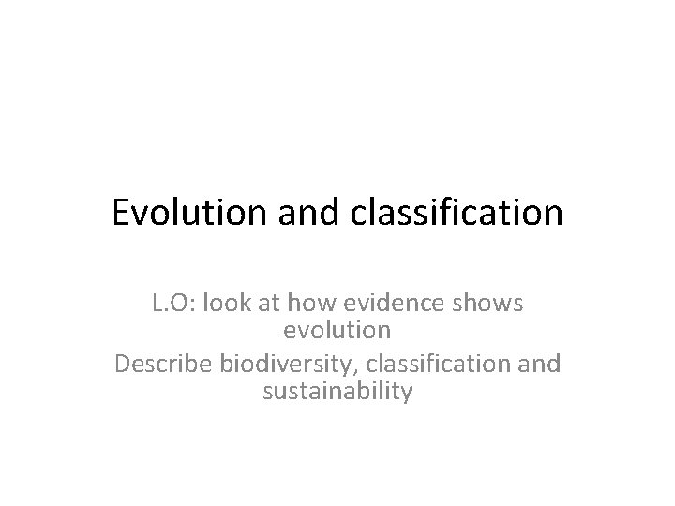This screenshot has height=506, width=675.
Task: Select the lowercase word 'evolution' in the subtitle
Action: [337, 332]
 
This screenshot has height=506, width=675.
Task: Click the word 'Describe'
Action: [162, 363]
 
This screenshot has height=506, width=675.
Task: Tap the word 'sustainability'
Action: [337, 392]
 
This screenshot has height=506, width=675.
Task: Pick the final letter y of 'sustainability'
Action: [405, 394]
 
